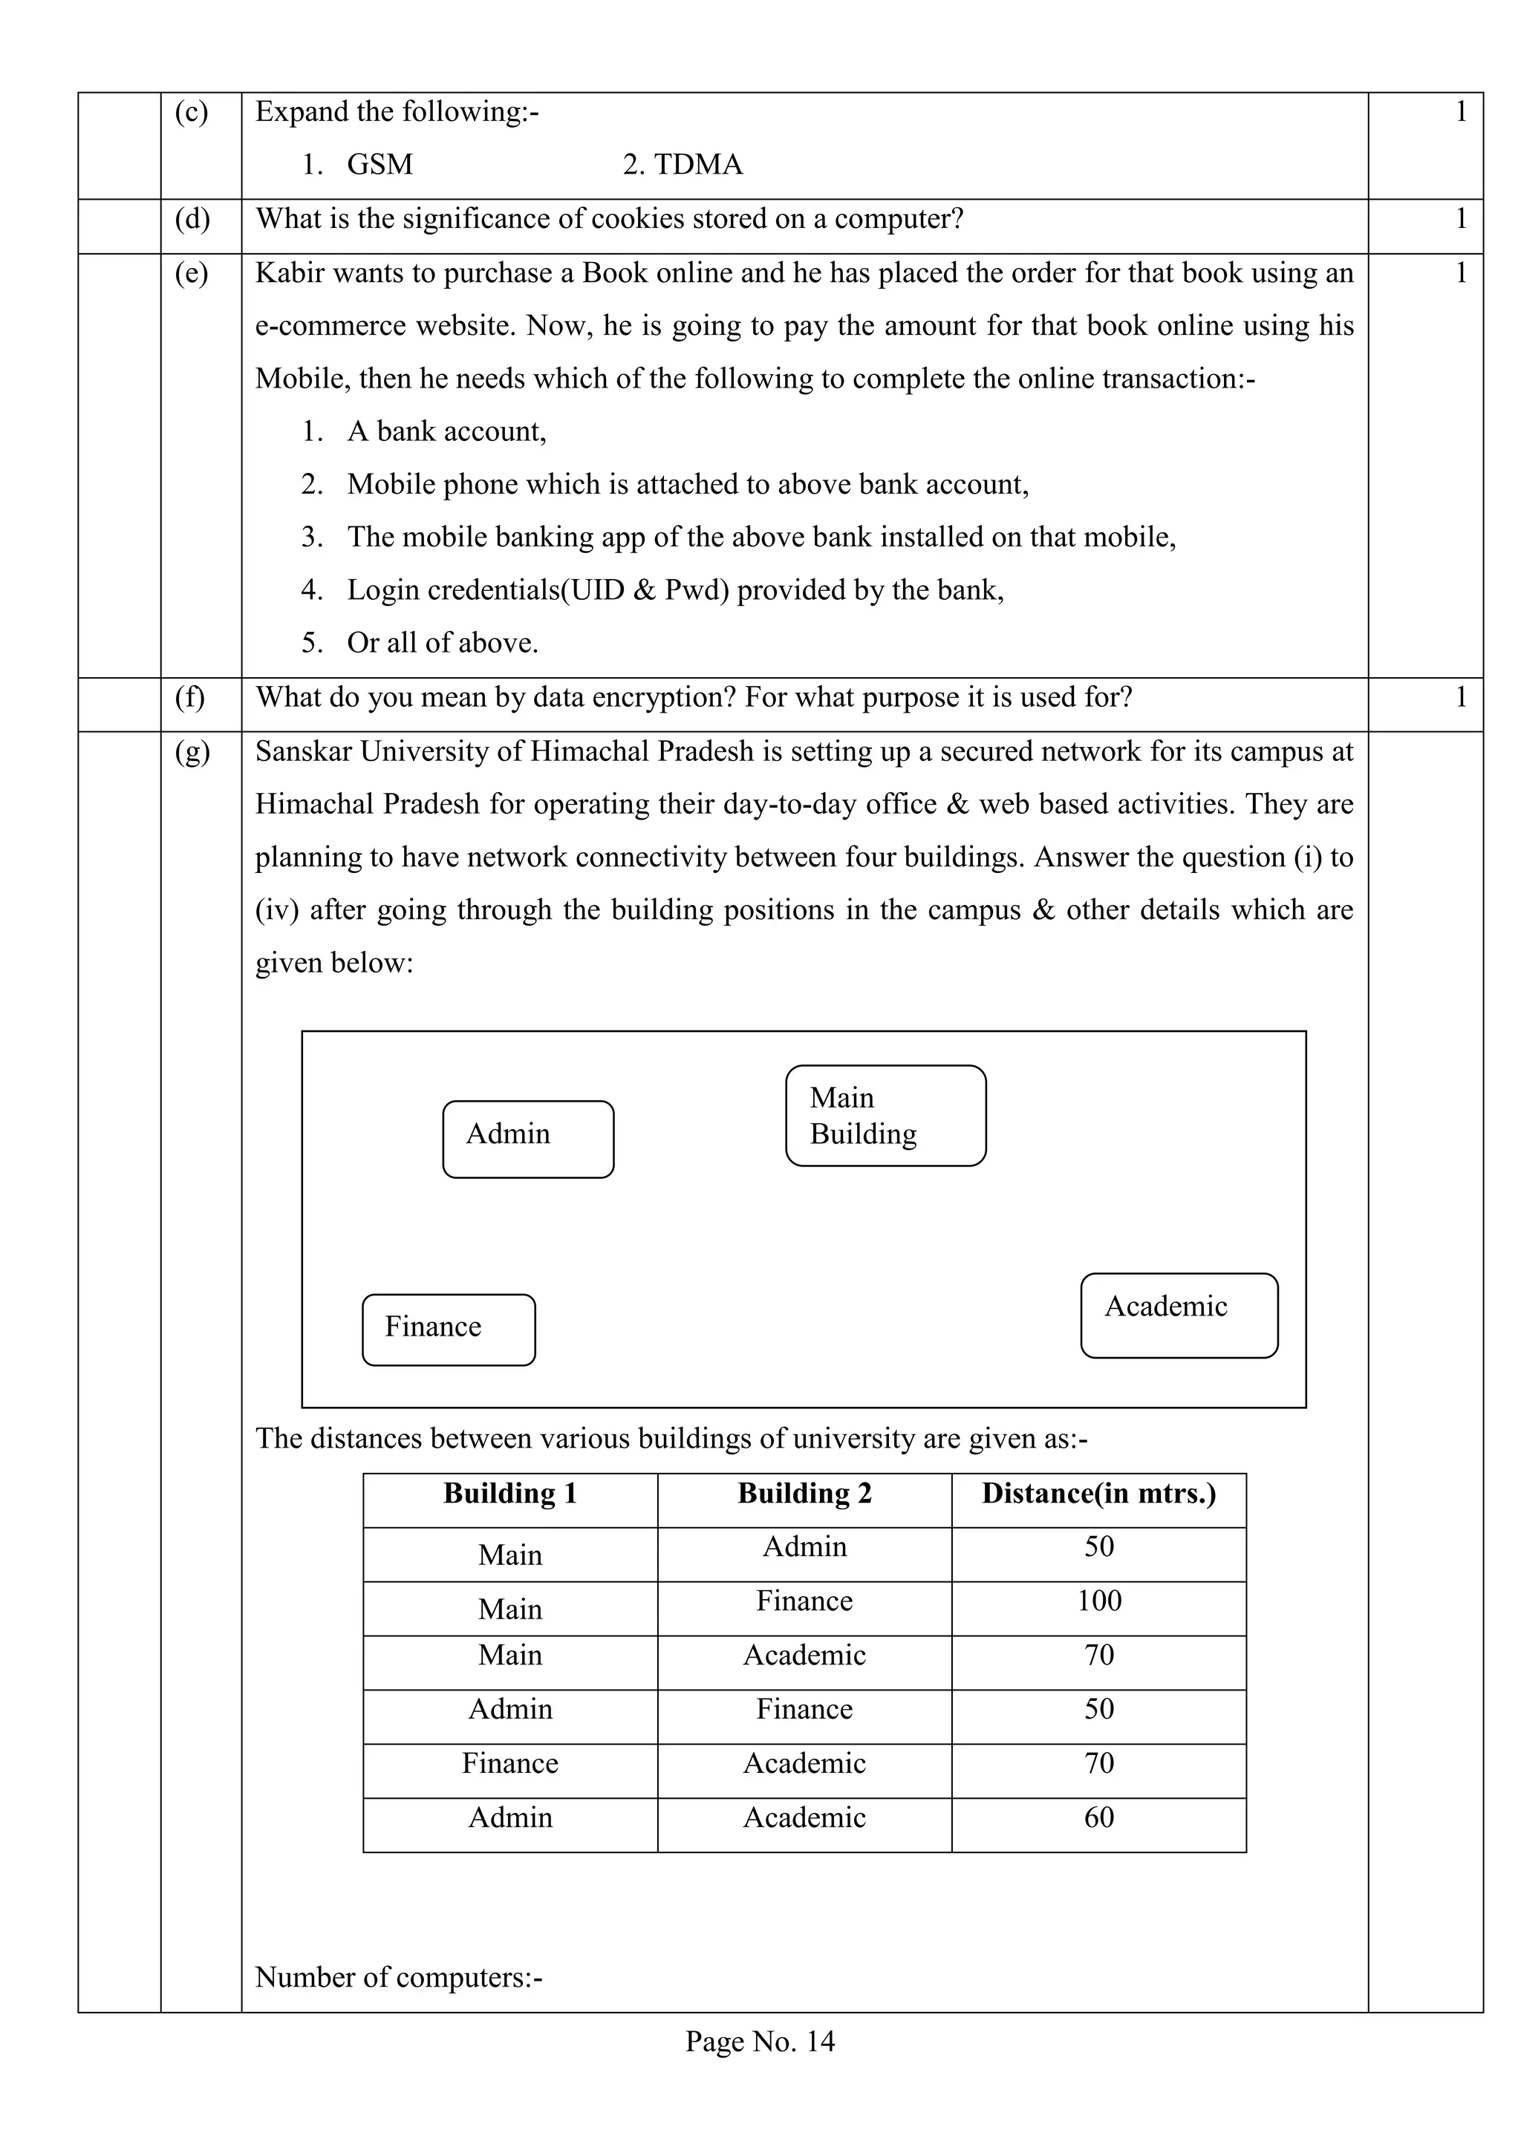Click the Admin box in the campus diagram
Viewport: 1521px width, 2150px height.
tap(528, 1139)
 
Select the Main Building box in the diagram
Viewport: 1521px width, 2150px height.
tap(885, 1115)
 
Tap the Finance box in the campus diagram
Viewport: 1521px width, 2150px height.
tap(449, 1330)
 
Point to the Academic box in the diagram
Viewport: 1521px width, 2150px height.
tap(1179, 1315)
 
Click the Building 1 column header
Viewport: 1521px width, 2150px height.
tap(510, 1494)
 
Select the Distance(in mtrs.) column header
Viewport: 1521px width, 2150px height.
tap(1098, 1494)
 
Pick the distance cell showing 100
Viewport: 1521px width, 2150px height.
tap(1098, 1601)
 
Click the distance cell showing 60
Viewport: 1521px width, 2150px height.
tap(1098, 1817)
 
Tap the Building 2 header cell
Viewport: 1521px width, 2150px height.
tap(804, 1494)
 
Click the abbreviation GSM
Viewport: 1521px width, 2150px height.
tap(380, 165)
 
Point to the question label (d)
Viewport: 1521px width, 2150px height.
tap(192, 218)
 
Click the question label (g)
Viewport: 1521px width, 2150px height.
tap(192, 752)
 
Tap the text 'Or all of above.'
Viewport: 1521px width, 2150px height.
tap(442, 644)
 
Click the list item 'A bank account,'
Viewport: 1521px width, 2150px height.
tap(447, 431)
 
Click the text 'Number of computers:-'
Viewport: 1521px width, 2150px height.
tap(399, 1977)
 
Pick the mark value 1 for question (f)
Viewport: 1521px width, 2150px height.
tap(1460, 698)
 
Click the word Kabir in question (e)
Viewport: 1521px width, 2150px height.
tap(290, 273)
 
